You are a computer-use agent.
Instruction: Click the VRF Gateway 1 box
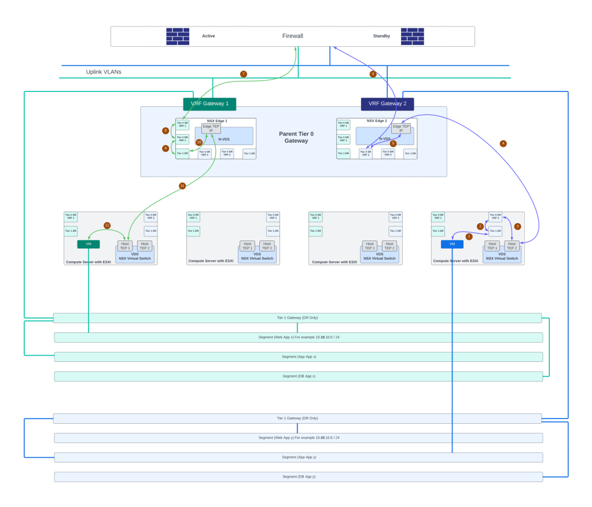(209, 104)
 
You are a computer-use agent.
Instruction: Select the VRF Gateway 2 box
(387, 104)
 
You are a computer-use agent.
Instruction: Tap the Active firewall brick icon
(178, 36)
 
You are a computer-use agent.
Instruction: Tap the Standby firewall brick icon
(412, 36)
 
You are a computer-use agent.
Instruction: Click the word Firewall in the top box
(292, 36)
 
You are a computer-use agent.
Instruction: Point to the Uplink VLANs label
(104, 72)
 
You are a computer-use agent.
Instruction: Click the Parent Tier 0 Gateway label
(296, 137)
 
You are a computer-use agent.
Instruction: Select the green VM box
(89, 244)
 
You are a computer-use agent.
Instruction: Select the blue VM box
(452, 244)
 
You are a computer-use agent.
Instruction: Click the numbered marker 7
(244, 74)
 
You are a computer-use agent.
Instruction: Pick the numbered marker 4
(503, 143)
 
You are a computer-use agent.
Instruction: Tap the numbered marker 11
(182, 186)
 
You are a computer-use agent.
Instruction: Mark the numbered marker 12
(107, 225)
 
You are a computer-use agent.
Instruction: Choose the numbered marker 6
(373, 74)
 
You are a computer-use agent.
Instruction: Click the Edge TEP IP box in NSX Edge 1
(211, 128)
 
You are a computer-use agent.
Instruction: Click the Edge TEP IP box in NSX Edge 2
(401, 128)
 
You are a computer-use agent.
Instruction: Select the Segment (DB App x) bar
(299, 376)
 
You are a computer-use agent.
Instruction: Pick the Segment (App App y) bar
(299, 457)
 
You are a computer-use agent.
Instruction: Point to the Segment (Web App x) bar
(299, 337)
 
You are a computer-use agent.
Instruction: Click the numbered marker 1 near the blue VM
(469, 236)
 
